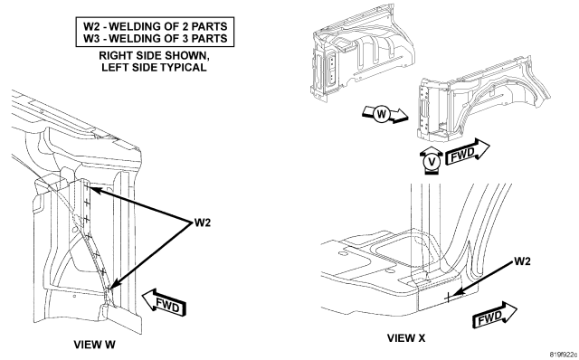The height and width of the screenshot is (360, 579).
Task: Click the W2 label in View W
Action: (203, 223)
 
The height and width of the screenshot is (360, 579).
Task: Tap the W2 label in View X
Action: (522, 261)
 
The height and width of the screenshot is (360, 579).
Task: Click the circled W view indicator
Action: (382, 114)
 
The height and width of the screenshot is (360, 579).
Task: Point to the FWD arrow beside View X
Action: (495, 315)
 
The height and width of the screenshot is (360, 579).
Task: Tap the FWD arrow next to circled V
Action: (468, 151)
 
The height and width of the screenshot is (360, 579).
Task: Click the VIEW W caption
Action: (94, 345)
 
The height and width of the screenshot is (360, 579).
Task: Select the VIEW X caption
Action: (406, 337)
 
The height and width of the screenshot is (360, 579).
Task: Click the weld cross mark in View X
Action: (448, 297)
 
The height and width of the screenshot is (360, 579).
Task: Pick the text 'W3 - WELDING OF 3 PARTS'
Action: (155, 38)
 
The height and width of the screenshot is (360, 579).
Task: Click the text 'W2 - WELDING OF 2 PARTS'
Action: (155, 26)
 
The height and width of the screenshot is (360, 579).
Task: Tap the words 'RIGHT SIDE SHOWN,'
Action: (155, 56)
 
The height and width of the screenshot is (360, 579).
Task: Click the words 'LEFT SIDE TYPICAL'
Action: (154, 68)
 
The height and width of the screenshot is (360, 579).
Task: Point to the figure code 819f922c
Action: (564, 355)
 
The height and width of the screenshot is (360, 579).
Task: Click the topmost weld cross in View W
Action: (88, 189)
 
